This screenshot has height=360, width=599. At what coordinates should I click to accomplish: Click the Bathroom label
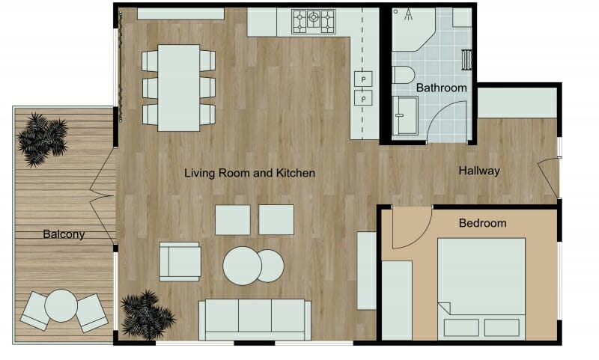click(x=442, y=88)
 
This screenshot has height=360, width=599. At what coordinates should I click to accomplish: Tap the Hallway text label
click(x=479, y=171)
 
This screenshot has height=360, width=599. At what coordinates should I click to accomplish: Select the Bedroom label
click(x=482, y=223)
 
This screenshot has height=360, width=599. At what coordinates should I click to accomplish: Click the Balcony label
click(x=64, y=234)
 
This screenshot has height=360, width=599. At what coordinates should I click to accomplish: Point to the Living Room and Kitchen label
click(x=250, y=173)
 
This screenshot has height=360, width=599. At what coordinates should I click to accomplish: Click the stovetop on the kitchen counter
click(x=314, y=21)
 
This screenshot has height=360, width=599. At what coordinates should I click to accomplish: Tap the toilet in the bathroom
click(x=403, y=75)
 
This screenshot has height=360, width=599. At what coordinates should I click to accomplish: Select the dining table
click(x=179, y=87)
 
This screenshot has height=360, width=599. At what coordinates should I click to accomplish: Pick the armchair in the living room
click(x=180, y=261)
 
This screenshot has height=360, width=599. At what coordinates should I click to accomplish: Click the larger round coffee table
click(x=242, y=266)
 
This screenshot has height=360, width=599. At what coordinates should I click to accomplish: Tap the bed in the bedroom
click(x=481, y=288)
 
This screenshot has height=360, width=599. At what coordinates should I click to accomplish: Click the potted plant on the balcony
click(x=42, y=138)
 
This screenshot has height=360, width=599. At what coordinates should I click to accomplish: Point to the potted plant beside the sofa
click(x=147, y=314)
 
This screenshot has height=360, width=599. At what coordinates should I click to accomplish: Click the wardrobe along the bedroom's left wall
click(x=397, y=299)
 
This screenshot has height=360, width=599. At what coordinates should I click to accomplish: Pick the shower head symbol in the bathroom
click(x=408, y=15)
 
